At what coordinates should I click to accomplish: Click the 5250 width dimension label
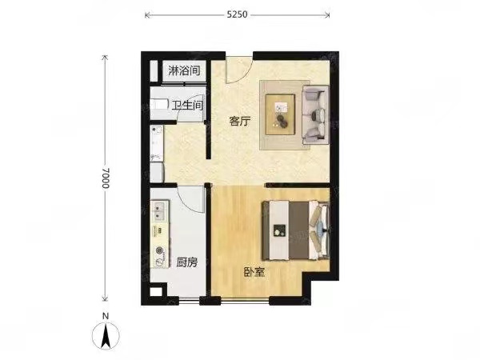point(237,14)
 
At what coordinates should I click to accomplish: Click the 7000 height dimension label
point(106,178)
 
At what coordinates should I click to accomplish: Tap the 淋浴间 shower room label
point(184,71)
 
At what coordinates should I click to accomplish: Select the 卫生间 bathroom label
point(187,106)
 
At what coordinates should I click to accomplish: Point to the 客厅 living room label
point(240,122)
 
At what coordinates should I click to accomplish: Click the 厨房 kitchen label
point(186,262)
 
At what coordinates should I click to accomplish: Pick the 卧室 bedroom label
point(254,272)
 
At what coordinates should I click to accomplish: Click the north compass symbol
point(106,336)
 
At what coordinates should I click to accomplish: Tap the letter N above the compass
point(106,316)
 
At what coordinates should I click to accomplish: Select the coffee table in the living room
point(280,114)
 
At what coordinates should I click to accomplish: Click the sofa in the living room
point(316,114)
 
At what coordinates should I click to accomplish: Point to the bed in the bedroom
point(296,230)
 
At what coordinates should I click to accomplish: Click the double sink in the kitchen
point(159,211)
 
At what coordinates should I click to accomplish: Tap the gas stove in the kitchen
point(160,256)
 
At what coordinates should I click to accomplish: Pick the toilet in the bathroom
point(159,105)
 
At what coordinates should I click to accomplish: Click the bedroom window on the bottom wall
point(245,302)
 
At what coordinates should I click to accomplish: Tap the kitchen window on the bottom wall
point(189,302)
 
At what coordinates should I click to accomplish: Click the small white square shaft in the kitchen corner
point(155,292)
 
